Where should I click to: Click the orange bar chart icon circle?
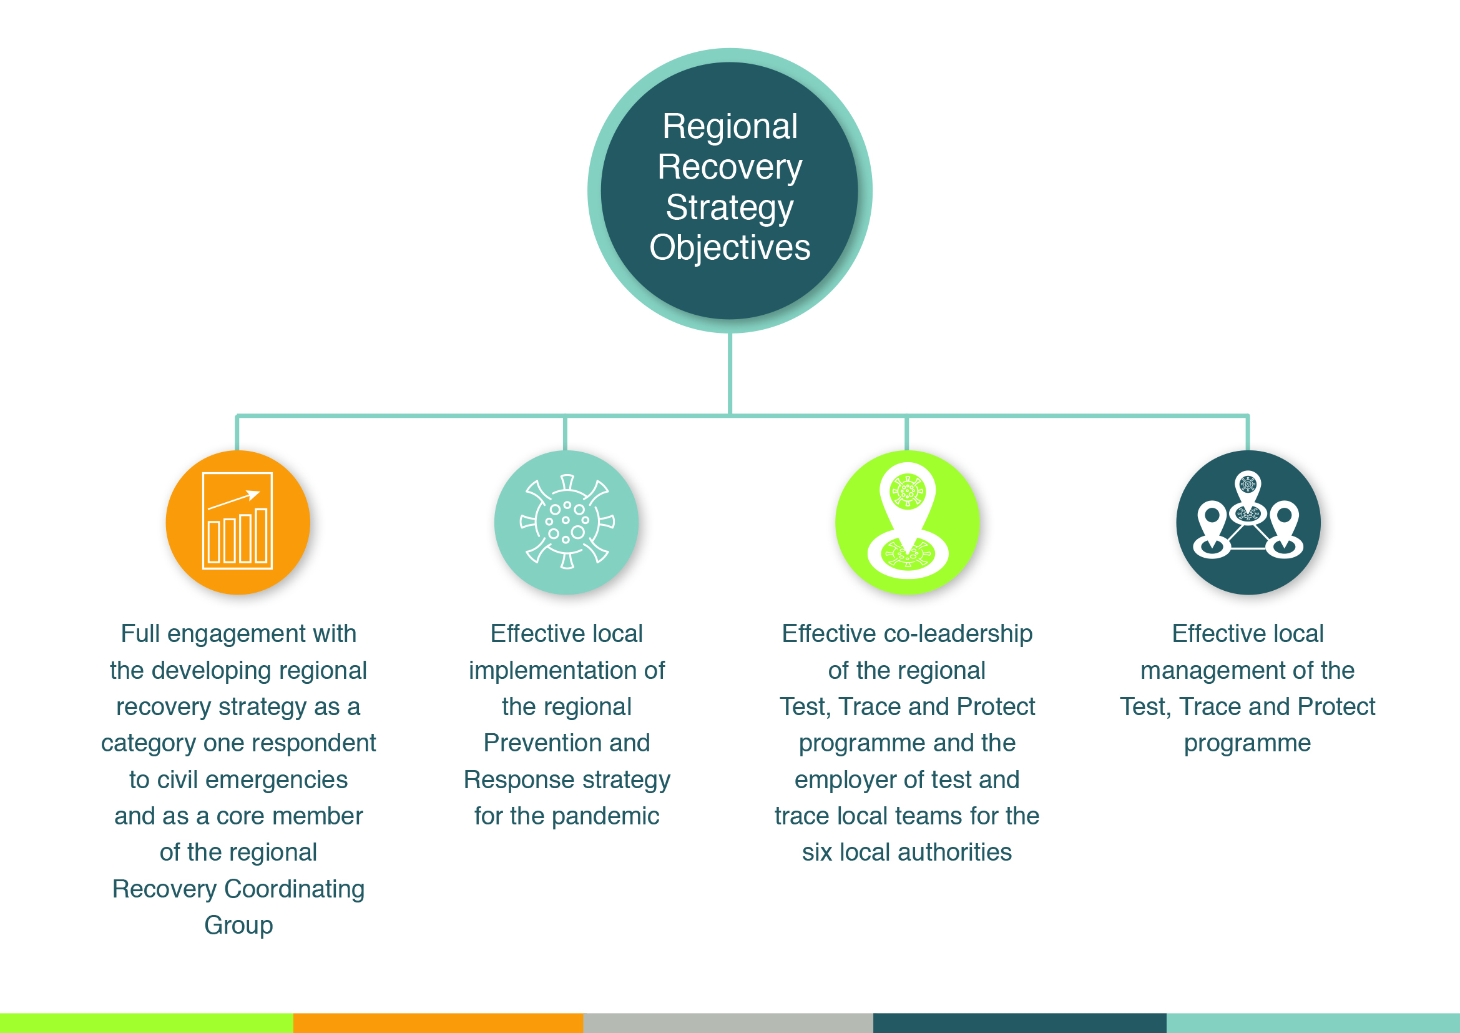tap(238, 522)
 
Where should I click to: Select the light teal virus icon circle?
tap(567, 522)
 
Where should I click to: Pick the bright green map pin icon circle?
tap(908, 522)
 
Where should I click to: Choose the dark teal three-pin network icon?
tap(1248, 522)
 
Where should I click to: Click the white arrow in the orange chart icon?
tap(233, 500)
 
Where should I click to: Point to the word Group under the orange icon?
tap(238, 926)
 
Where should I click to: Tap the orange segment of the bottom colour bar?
tap(438, 1023)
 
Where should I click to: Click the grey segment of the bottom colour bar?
tap(728, 1023)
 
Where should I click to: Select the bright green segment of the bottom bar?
tap(146, 1023)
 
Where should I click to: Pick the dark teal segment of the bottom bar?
tap(1020, 1023)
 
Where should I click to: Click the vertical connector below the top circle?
tap(730, 374)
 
